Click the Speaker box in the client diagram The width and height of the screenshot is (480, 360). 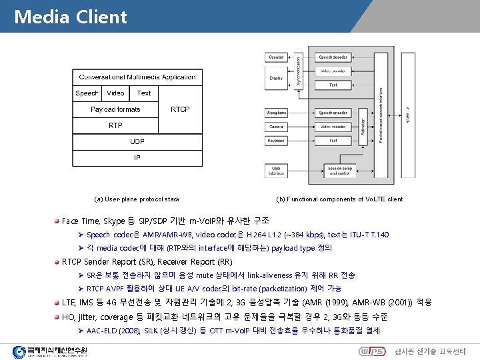click(x=276, y=58)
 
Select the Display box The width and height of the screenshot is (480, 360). click(x=276, y=78)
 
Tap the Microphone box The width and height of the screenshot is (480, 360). click(x=276, y=113)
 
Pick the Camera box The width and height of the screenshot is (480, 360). click(x=276, y=127)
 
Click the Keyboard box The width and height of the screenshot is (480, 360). click(x=276, y=141)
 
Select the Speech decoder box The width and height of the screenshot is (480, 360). click(x=333, y=58)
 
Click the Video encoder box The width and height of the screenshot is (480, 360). click(x=333, y=127)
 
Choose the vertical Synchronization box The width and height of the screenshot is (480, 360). click(x=298, y=69)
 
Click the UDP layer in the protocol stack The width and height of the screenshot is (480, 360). click(x=137, y=141)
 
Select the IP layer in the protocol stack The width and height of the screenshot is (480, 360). click(x=137, y=158)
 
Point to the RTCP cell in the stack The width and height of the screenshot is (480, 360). click(x=180, y=109)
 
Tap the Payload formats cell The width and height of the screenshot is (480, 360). click(x=115, y=109)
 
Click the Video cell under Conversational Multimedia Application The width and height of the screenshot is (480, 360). click(x=115, y=93)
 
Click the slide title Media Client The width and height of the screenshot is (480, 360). click(x=70, y=16)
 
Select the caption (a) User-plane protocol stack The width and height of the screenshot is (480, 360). click(x=137, y=199)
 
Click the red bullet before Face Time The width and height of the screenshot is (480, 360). click(x=57, y=221)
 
